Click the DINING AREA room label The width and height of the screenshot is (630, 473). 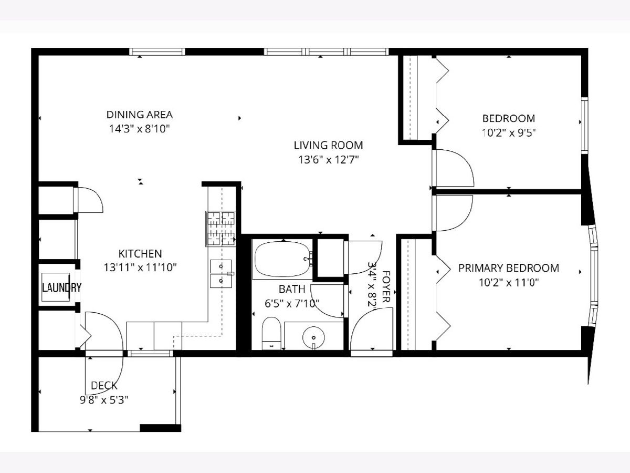tap(140, 115)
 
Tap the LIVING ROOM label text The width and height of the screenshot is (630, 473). tap(328, 145)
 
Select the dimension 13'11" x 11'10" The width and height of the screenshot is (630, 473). tap(140, 268)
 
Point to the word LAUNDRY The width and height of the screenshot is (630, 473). tap(61, 287)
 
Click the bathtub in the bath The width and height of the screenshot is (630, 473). tap(282, 259)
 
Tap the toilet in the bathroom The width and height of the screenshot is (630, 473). tap(271, 333)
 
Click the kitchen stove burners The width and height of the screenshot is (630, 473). tap(220, 229)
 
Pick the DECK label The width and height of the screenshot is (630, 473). tap(104, 386)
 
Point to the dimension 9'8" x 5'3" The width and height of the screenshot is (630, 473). tap(104, 399)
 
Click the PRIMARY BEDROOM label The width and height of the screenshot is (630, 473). tap(509, 268)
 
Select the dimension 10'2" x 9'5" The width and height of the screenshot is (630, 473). tap(509, 132)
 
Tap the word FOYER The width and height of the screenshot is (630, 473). tap(386, 286)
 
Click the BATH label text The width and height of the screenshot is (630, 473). tap(292, 289)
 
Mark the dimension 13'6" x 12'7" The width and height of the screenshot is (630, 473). tap(329, 159)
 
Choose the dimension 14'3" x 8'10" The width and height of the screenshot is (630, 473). tap(140, 129)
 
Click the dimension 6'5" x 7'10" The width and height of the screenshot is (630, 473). tap(292, 303)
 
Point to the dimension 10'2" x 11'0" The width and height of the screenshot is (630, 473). tap(509, 283)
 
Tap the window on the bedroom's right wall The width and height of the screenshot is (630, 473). tap(585, 126)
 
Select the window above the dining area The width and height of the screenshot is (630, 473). tap(157, 52)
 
